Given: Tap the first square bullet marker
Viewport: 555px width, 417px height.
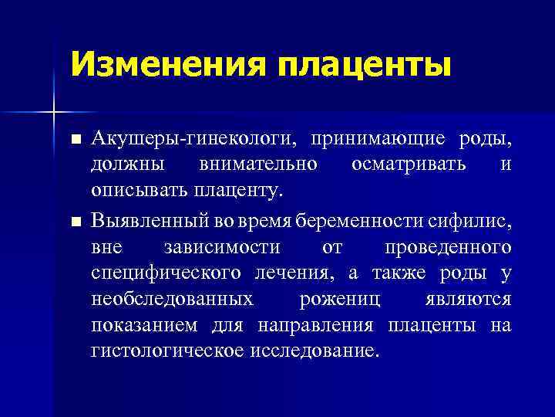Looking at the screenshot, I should (75, 140).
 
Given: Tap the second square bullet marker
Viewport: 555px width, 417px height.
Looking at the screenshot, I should (75, 222).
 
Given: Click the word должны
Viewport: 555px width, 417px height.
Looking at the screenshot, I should (126, 164).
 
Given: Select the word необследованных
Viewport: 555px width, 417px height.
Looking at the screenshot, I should (171, 299).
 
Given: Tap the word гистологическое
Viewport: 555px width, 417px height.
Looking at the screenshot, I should (167, 350).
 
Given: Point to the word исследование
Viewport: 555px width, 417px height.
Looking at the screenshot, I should (314, 350).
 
